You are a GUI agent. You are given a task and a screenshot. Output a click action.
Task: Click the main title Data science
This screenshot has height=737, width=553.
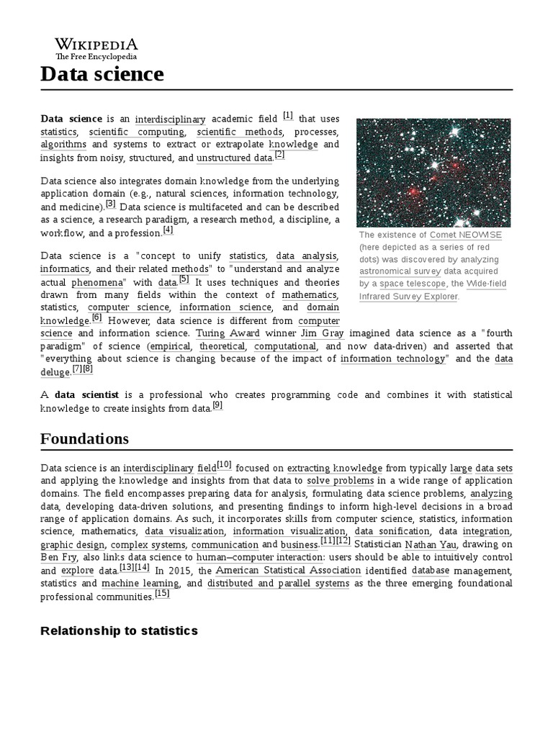coord(102,73)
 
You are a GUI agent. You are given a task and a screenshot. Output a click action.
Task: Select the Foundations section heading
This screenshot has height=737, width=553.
coord(84,438)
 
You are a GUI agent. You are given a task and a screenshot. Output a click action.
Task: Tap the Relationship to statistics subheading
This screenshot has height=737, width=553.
coord(119,630)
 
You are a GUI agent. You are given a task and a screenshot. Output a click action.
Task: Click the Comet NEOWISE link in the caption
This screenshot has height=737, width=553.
coord(466,235)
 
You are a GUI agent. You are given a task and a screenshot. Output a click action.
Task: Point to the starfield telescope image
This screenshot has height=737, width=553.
coord(433,173)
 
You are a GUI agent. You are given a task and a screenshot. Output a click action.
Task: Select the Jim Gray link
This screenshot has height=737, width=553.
coord(323,333)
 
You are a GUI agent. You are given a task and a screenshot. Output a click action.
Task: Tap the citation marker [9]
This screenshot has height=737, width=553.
coord(217,405)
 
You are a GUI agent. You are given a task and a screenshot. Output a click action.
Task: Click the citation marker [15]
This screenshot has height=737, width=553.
coord(162,594)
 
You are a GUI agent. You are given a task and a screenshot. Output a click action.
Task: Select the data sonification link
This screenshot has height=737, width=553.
coord(384,531)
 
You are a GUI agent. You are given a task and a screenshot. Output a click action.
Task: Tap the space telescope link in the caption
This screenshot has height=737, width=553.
coord(413,284)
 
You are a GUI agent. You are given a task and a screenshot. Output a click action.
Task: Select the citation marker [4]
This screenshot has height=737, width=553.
coord(168,230)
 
